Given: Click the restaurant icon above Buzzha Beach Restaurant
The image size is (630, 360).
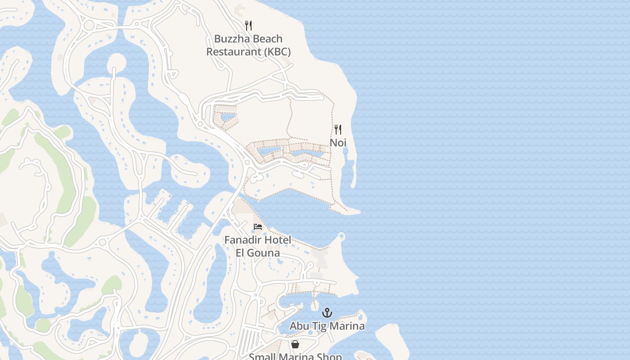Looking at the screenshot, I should coord(248,25).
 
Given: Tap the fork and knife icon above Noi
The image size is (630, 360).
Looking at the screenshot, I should coord(338,130).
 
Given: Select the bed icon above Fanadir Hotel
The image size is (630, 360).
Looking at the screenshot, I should coord(258,226).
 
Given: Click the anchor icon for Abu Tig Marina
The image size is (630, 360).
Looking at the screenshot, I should coord(327,312).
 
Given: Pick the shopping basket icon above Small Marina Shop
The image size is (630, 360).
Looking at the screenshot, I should coord(295,344).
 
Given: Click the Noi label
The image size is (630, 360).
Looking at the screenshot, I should coord(338,143).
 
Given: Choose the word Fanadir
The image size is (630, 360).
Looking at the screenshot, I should coord(243,240).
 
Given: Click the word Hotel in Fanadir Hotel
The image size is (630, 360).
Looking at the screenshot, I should coord(278,240).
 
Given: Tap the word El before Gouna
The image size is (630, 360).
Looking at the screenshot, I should coord(241,253).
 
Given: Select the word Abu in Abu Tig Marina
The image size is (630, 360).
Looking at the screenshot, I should coord(299,326).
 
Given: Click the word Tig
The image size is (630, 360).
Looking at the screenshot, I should coord(321,326).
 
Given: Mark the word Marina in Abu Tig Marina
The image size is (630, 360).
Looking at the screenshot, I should coord(348,326).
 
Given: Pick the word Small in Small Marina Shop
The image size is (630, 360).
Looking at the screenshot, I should coord(262,357).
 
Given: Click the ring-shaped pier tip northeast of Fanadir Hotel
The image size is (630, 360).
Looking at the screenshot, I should coord(341,235).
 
